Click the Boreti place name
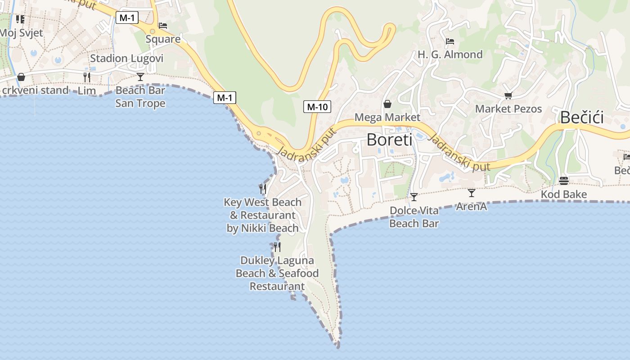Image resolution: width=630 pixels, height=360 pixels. point(389,140)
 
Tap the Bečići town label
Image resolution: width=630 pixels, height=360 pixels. point(581,117)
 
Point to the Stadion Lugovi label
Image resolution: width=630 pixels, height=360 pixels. point(126,58)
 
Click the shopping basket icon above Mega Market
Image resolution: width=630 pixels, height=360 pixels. point(387,104)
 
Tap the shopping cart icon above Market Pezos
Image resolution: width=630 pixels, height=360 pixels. point(508,95)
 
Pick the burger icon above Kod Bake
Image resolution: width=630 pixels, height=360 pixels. point(564,181)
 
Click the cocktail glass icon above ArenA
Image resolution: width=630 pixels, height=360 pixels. point(471,193)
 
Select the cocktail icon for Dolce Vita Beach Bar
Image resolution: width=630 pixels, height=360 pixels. point(414,197)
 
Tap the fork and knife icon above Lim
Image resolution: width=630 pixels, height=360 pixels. point(87,77)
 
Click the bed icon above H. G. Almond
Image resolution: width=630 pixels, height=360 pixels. point(450,41)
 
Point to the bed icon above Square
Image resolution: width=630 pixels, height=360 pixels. point(163,26)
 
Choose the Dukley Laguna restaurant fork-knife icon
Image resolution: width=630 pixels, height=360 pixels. point(277,247)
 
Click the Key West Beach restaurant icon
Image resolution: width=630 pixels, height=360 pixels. point(263,189)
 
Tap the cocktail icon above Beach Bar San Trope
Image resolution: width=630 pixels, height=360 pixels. point(140,77)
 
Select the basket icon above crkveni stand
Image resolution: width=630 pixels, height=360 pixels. point(21,77)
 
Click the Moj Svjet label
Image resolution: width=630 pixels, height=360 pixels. point(21,33)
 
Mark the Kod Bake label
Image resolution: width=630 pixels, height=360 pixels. point(564,194)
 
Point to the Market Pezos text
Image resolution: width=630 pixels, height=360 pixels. point(508,109)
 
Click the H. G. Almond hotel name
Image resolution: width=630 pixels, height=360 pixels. point(450,54)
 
